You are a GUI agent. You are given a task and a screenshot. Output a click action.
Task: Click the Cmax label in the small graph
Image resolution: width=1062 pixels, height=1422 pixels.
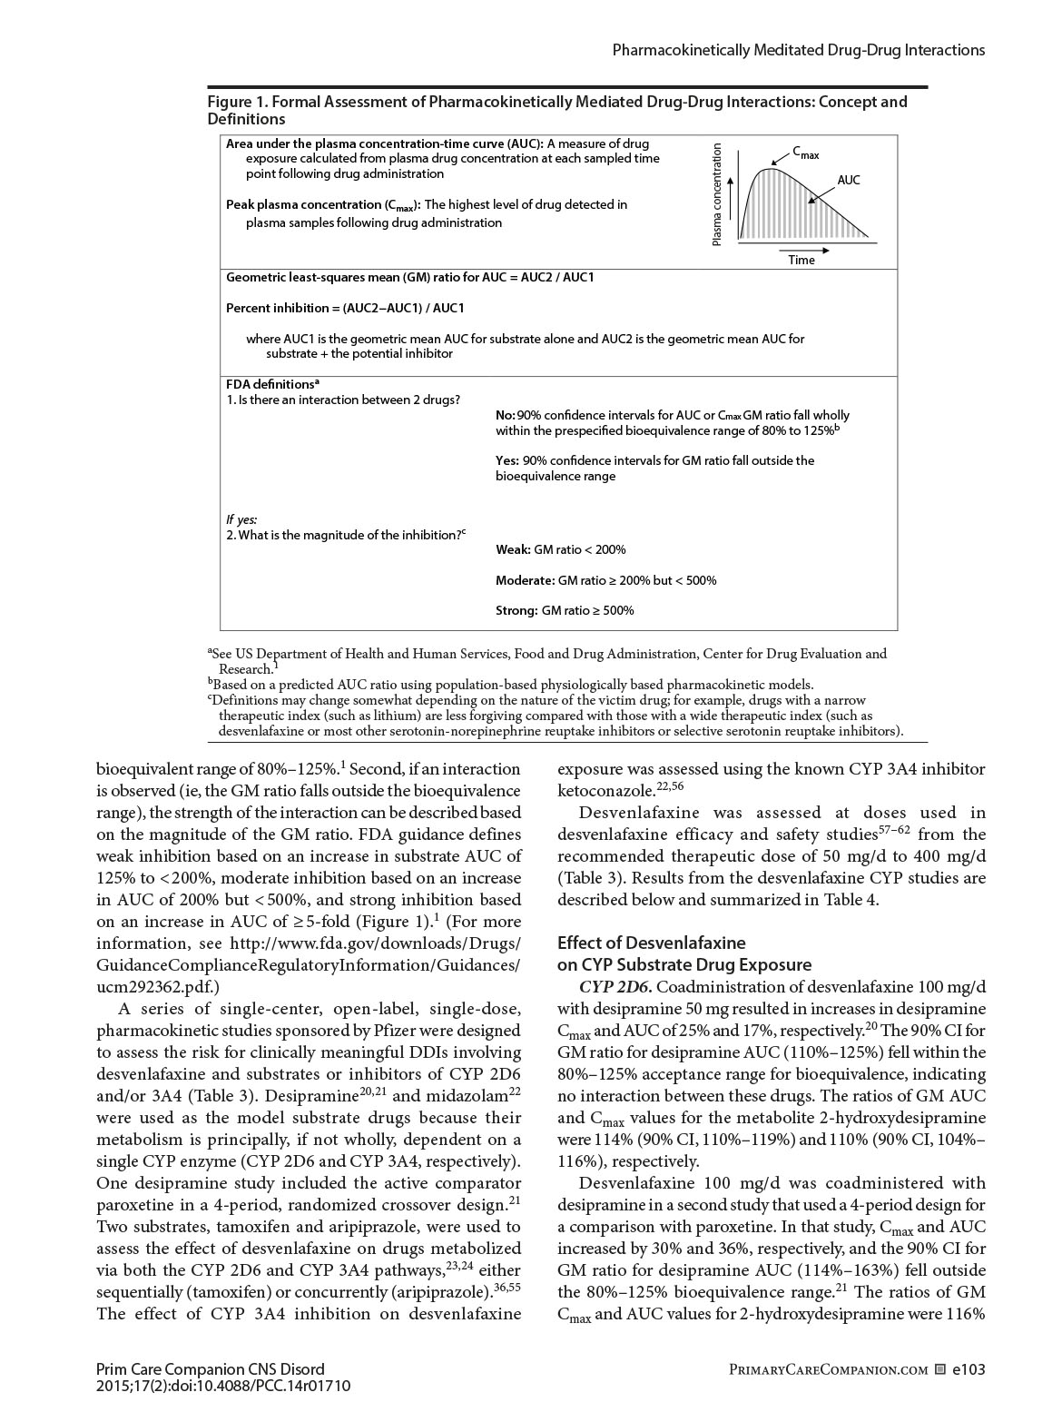804,153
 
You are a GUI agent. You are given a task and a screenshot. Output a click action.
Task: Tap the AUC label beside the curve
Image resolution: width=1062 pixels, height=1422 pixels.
849,180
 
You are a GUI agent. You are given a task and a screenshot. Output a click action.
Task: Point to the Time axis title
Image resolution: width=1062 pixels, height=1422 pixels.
801,260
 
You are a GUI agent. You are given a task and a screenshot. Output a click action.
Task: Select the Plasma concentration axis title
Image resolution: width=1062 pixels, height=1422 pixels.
717,194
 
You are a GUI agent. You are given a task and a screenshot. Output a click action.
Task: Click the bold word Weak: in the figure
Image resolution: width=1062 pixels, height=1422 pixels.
513,549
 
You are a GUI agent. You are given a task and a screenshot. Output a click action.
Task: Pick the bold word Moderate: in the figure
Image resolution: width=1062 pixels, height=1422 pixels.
525,580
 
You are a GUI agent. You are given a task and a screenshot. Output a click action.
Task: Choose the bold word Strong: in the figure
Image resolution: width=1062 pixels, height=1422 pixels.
516,610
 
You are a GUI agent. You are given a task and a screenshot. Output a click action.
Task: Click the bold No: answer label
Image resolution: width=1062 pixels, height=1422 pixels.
506,415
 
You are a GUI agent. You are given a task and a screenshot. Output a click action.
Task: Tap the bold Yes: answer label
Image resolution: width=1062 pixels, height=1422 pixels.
507,460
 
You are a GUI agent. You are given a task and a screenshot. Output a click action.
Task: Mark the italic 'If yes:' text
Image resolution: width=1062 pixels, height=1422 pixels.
241,519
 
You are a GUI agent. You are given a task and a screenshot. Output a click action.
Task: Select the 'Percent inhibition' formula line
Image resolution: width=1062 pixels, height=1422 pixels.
345,308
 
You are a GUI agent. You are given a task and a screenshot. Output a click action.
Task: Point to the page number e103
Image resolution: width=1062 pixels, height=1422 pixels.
968,1369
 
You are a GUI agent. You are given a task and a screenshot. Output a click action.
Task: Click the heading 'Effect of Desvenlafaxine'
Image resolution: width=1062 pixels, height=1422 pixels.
651,943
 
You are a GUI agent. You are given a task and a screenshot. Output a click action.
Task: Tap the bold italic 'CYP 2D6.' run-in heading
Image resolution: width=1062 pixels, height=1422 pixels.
611,987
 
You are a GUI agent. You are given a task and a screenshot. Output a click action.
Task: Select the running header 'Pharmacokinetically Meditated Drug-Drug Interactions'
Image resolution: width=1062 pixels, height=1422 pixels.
798,51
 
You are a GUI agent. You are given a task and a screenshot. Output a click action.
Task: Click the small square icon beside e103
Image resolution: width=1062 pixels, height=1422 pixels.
940,1369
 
